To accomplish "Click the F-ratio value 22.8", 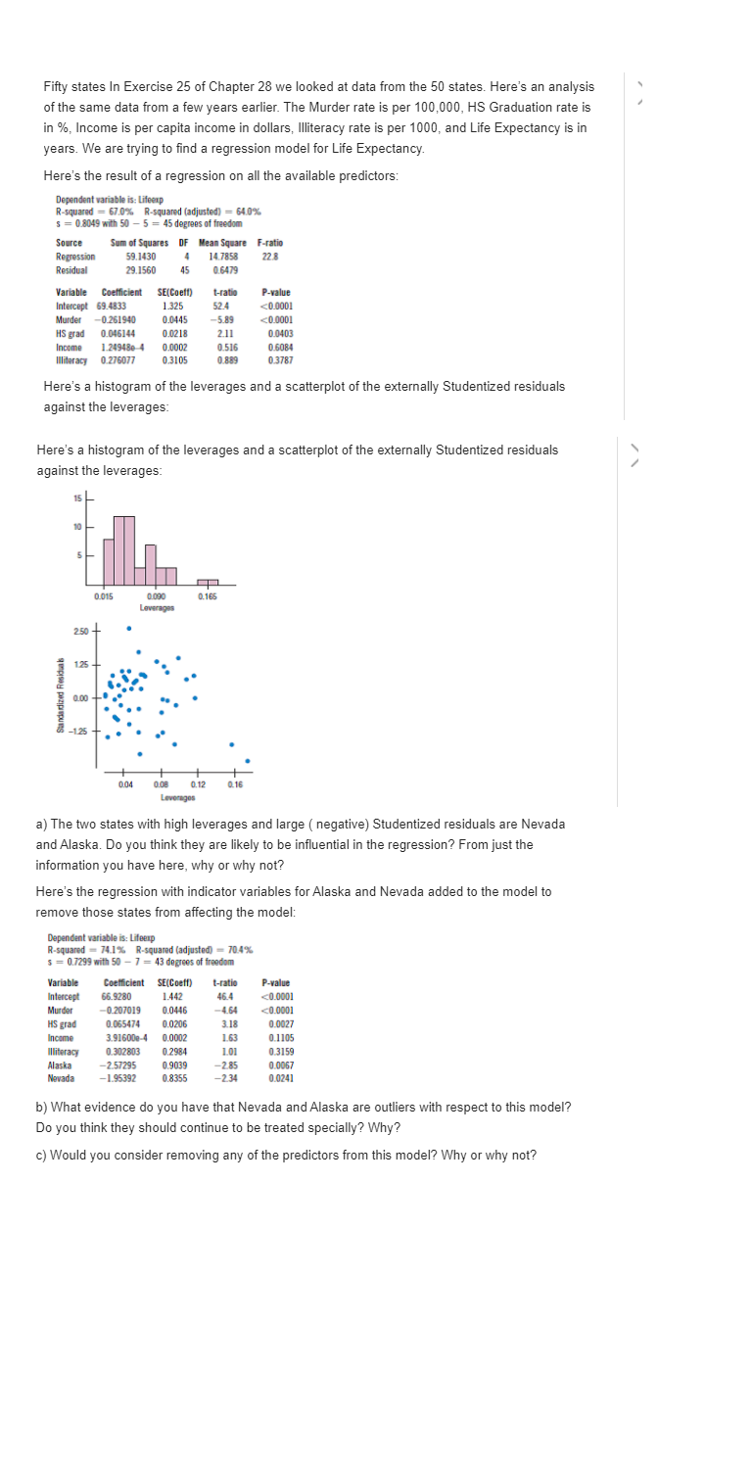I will (270, 257).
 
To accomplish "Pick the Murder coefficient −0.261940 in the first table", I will (116, 319).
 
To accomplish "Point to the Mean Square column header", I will (222, 243).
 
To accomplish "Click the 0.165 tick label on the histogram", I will (208, 596).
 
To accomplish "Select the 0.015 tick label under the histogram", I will (103, 596).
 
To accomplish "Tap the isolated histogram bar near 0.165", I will (208, 584).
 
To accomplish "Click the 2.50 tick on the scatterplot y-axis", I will (80, 631).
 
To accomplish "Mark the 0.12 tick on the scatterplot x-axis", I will (199, 784).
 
